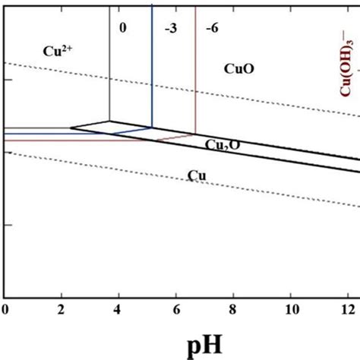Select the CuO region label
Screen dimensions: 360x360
point(238,68)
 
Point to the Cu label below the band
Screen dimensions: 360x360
point(197,176)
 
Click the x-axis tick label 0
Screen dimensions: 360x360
point(5,310)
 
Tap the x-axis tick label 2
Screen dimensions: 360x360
point(62,310)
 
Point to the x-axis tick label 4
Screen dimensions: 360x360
point(118,310)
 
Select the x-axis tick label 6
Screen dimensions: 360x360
point(175,310)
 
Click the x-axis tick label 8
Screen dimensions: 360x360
point(232,310)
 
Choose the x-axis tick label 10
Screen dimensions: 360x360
point(289,310)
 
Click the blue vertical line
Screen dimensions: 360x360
point(152,68)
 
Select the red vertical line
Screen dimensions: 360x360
point(196,68)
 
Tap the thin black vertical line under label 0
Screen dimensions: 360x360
point(109,68)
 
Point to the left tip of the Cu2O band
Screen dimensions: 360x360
point(71,128)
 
